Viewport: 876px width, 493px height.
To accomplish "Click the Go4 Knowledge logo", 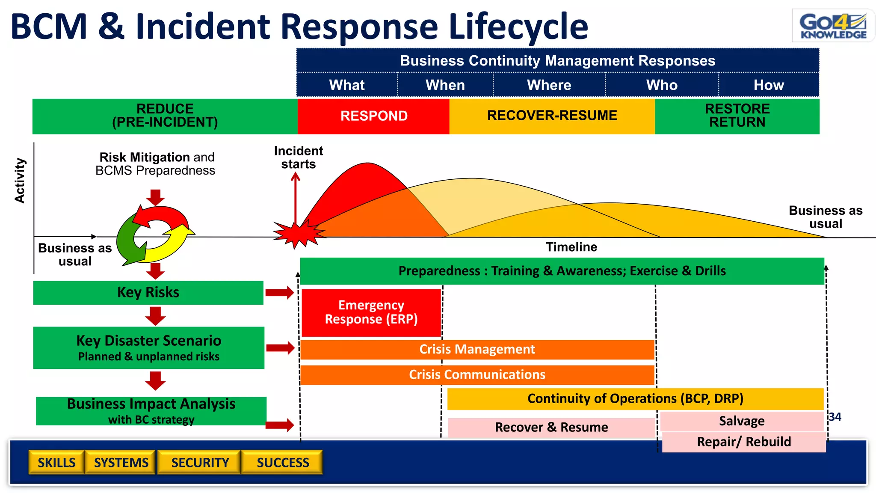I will [833, 26].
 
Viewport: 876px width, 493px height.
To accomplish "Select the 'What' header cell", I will [347, 85].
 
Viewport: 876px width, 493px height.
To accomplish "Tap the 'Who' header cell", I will [662, 85].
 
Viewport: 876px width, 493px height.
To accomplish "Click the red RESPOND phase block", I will [373, 116].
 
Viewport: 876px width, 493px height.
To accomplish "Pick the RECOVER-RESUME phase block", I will [552, 116].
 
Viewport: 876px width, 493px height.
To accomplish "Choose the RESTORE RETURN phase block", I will [737, 116].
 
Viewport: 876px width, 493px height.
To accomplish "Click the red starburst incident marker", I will [298, 234].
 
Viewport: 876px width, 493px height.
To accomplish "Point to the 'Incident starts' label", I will [298, 157].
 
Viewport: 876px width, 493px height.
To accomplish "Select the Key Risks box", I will [148, 292].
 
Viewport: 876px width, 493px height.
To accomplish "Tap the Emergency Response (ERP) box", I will [371, 312].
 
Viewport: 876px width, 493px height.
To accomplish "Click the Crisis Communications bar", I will [477, 374].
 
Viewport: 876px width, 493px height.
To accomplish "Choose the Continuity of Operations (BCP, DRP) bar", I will [635, 398].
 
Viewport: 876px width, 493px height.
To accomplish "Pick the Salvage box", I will [741, 421].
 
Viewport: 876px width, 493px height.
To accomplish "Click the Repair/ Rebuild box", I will [743, 442].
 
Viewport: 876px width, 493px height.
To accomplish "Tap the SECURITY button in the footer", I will [200, 462].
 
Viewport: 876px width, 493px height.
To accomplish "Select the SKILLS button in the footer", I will [56, 462].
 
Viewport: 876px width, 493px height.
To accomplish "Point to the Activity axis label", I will [20, 180].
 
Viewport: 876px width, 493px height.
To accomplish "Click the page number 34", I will [835, 417].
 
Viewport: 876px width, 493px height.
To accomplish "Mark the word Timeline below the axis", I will [571, 247].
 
